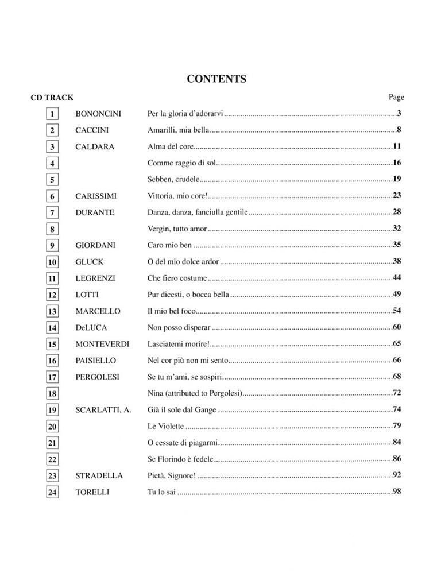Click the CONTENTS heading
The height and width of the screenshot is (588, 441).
[x=216, y=79]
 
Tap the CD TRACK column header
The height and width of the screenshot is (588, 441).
[x=52, y=98]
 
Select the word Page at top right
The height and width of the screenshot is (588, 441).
[x=396, y=97]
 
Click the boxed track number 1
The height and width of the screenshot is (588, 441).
[x=52, y=114]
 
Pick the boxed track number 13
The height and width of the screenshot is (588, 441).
[x=52, y=311]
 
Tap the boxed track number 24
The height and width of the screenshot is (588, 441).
[x=52, y=492]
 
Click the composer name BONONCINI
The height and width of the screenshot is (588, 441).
[x=98, y=114]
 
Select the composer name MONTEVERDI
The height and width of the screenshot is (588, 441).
[x=102, y=344]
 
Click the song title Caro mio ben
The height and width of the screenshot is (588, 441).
[x=169, y=245]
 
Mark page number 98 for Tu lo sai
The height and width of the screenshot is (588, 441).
[x=396, y=492]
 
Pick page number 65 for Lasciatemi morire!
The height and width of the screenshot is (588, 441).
[x=396, y=343]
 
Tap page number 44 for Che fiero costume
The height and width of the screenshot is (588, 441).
[x=396, y=278]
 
